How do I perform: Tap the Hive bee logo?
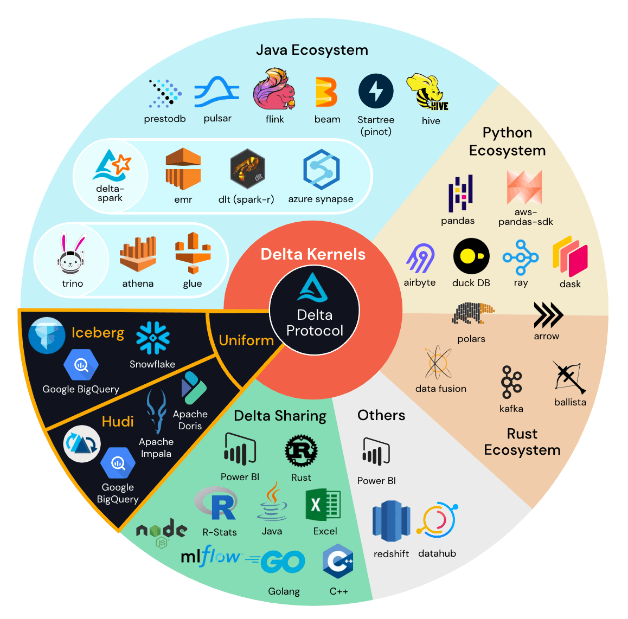point(428,92)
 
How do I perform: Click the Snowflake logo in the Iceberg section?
point(153,338)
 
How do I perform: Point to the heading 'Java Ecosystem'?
point(312,50)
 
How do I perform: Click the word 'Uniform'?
point(246,340)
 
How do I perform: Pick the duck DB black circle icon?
point(471,256)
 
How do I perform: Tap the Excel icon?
point(323,505)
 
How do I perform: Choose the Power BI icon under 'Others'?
point(376,452)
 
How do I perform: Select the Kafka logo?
point(511,382)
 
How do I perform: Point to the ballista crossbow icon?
point(568,377)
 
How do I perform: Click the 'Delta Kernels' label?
point(313,254)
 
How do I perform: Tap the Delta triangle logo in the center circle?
point(312,287)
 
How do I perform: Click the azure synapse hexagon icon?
point(321,170)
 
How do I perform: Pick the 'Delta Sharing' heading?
point(280,416)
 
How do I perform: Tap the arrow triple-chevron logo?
point(547,315)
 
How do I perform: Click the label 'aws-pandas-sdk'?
point(526,217)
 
